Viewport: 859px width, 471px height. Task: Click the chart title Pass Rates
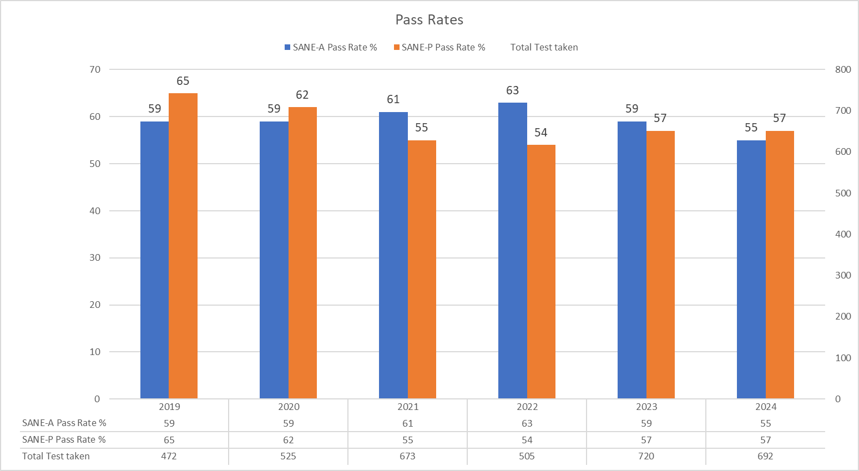click(x=429, y=20)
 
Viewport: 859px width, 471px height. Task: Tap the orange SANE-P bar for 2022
click(x=541, y=271)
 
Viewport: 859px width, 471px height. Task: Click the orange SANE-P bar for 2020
click(x=302, y=252)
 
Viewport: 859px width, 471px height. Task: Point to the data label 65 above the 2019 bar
click(x=183, y=81)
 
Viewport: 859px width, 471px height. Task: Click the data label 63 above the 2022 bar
click(x=512, y=90)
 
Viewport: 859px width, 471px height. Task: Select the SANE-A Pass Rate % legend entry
click(x=331, y=48)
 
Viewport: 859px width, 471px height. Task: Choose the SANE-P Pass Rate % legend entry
click(x=439, y=48)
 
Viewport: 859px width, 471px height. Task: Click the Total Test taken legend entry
click(x=544, y=48)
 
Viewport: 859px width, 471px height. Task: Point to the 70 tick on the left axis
click(x=95, y=69)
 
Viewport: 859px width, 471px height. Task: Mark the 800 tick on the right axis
click(x=842, y=69)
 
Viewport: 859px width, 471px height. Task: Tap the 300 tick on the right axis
click(x=842, y=275)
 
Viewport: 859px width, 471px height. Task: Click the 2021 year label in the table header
click(x=408, y=407)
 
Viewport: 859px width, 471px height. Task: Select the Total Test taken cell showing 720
click(x=646, y=456)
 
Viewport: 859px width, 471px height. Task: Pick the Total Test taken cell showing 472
click(x=169, y=456)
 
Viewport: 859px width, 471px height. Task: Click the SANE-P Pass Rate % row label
click(x=64, y=439)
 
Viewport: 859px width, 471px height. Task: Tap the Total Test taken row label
click(x=55, y=456)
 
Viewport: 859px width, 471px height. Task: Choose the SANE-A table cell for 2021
click(x=408, y=423)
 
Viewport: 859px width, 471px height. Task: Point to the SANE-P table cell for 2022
click(x=527, y=440)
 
